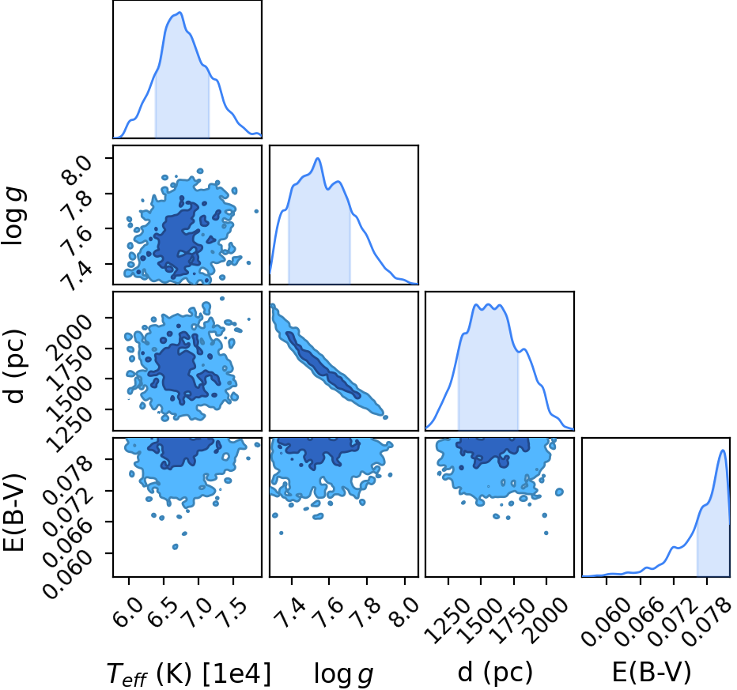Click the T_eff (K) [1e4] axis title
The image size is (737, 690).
coord(189,674)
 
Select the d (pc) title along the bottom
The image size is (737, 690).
coord(495,673)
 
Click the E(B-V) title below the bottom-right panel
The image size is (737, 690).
coord(652,672)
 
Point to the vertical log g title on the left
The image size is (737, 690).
coord(13,216)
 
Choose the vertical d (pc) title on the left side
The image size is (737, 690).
coord(14,366)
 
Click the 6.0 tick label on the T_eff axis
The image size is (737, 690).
coord(129,611)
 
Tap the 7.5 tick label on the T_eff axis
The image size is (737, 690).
coord(233,611)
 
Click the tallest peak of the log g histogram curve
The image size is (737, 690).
coord(318,158)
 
